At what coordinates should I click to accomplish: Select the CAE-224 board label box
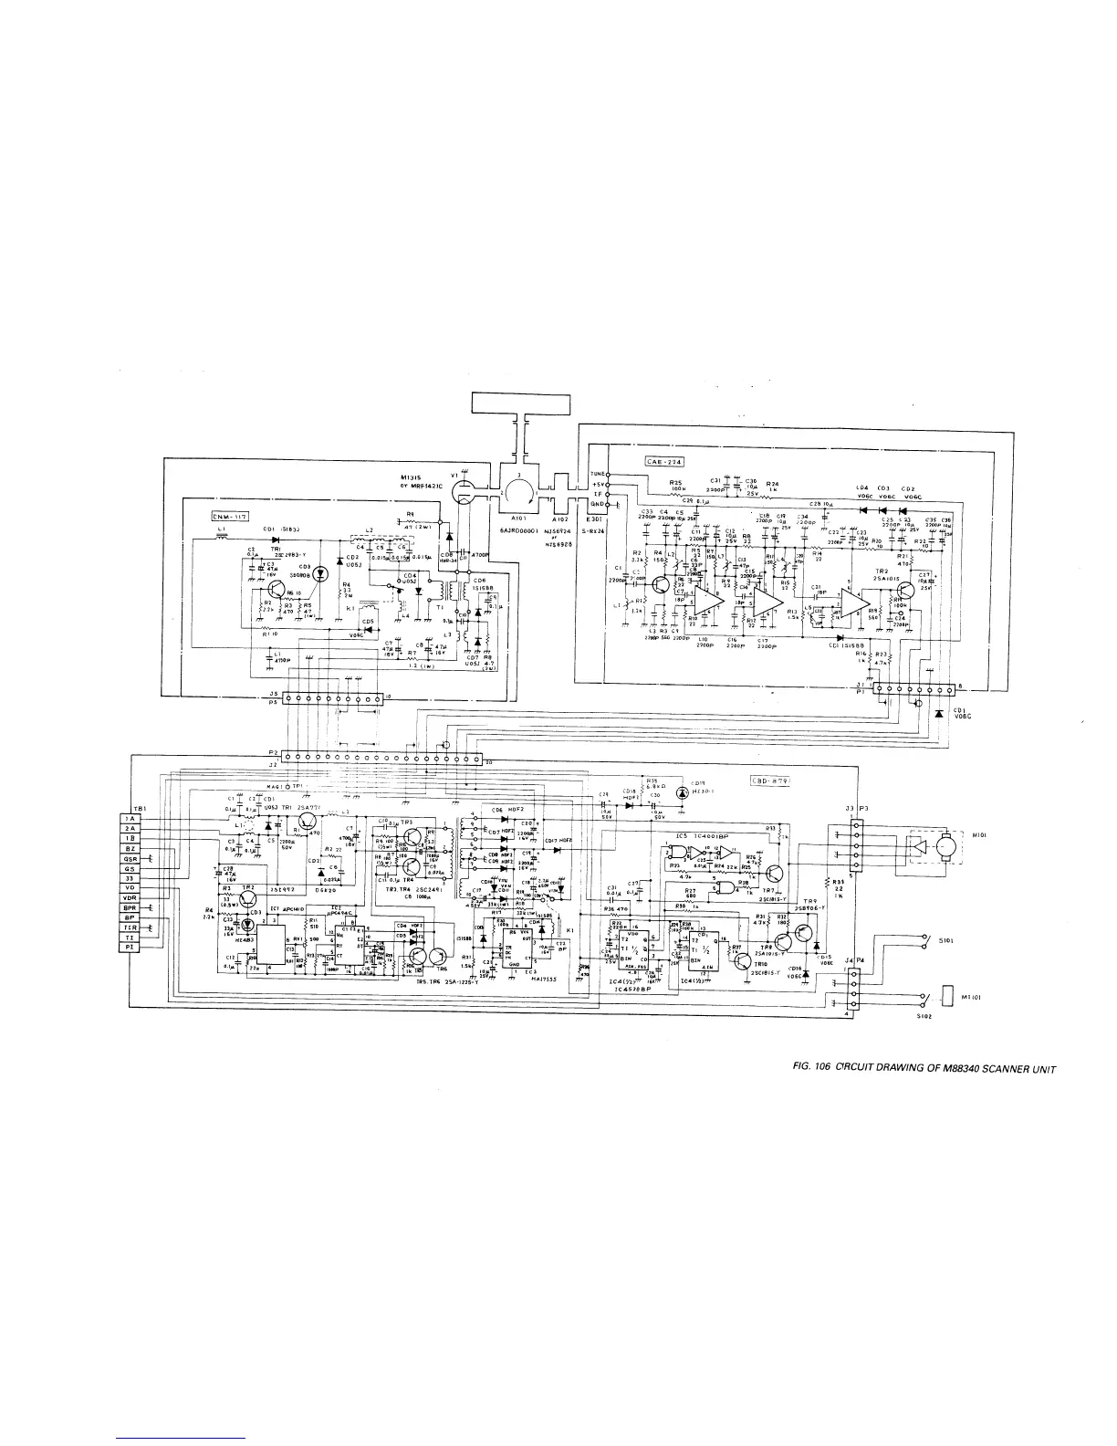pyautogui.click(x=663, y=461)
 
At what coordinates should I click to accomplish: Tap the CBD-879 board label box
pyautogui.click(x=770, y=781)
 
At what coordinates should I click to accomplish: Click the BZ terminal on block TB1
pyautogui.click(x=130, y=849)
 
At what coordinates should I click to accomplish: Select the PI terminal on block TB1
pyautogui.click(x=130, y=947)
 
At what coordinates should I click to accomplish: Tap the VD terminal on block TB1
pyautogui.click(x=130, y=887)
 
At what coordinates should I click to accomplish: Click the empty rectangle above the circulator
pyautogui.click(x=521, y=403)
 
